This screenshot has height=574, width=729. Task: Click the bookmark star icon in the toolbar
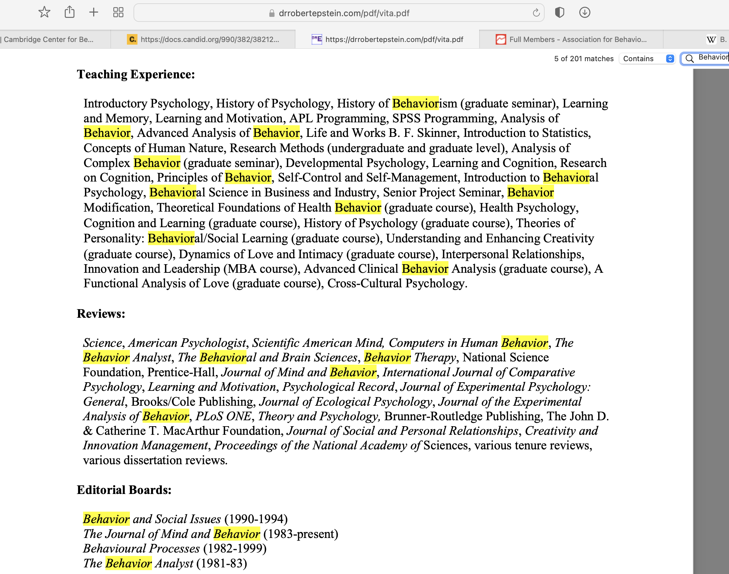point(44,13)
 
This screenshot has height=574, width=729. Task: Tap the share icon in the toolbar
point(69,13)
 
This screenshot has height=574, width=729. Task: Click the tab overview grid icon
point(118,13)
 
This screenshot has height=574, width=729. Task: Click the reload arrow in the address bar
point(536,13)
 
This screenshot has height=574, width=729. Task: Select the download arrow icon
point(585,13)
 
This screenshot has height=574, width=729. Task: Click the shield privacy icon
point(559,13)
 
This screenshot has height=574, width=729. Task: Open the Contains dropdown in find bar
point(647,59)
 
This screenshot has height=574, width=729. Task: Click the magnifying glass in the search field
point(690,59)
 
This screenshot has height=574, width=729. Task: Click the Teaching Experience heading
point(136,74)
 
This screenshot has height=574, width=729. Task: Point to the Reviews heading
point(101,313)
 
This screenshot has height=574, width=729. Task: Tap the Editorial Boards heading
point(124,490)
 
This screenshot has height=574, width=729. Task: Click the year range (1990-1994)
point(256,519)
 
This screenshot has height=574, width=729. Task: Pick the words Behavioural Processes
point(141,549)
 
